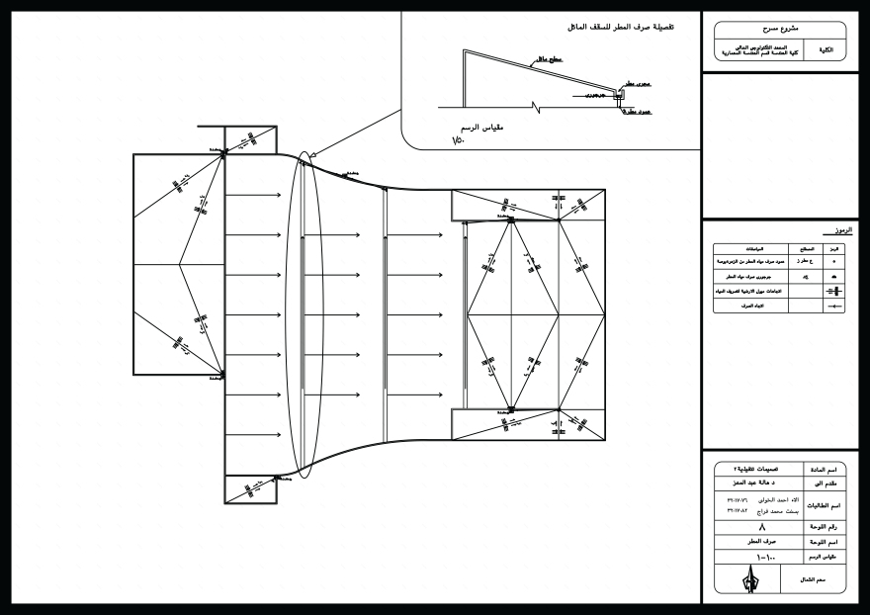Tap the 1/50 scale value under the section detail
point(458,141)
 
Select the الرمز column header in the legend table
point(834,249)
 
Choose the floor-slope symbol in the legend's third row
point(834,292)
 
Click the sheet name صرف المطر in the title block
point(759,543)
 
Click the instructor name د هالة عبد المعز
point(759,483)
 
